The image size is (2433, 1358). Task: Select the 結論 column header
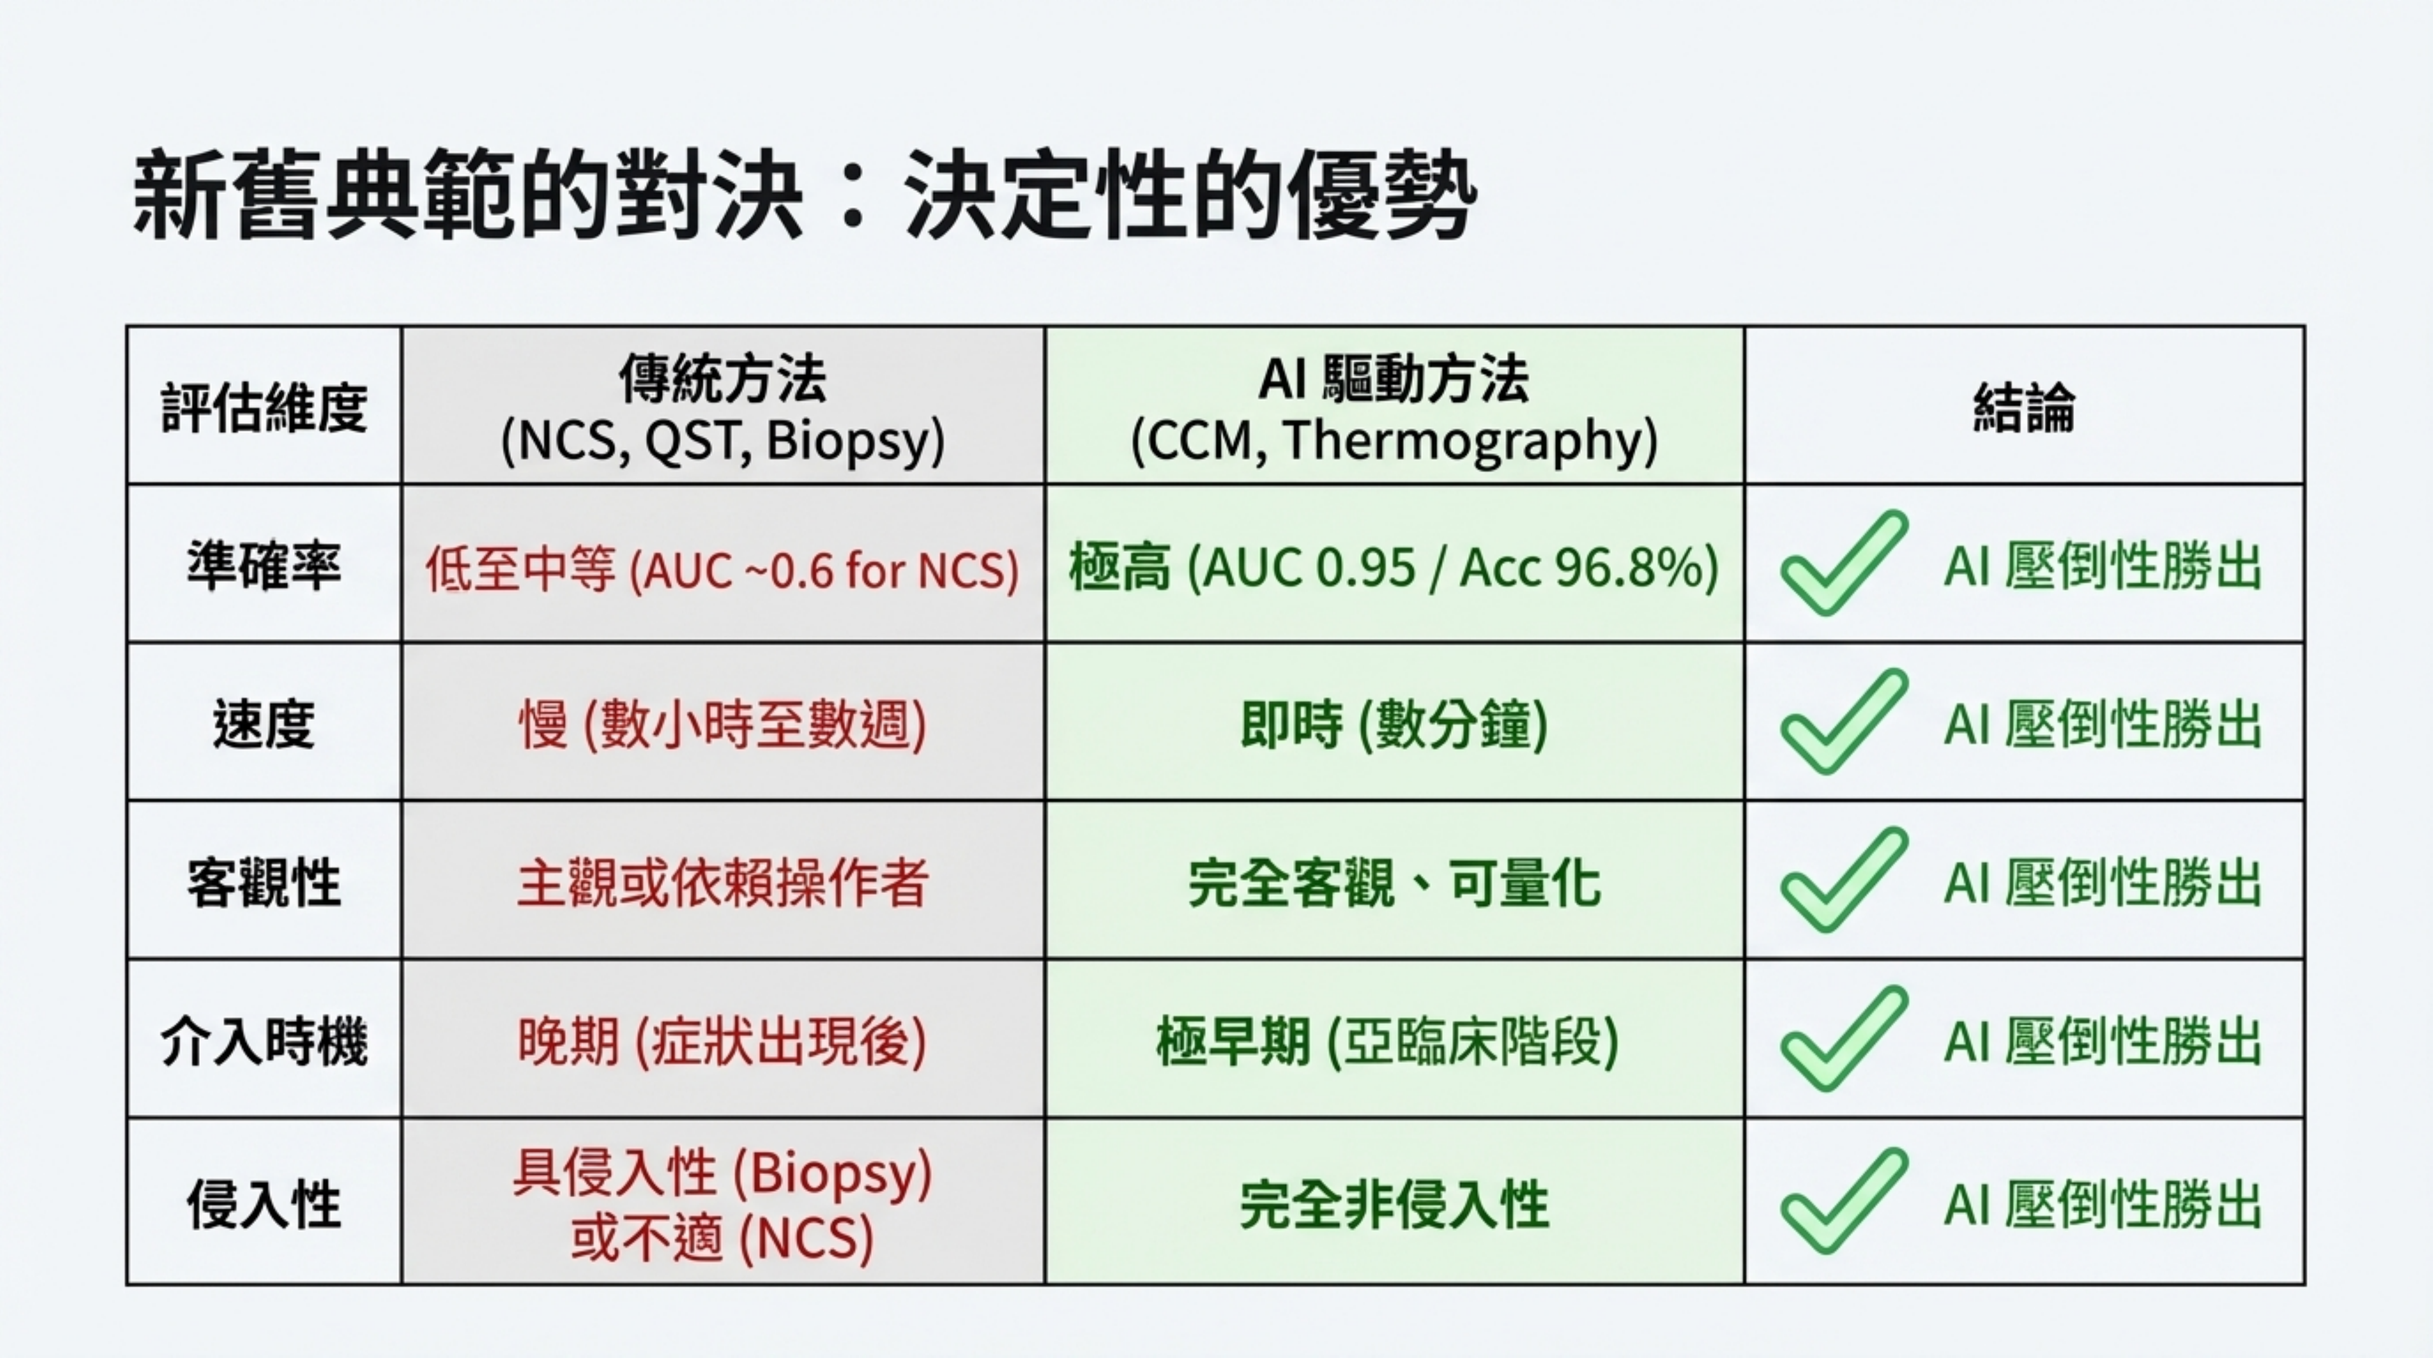click(2024, 408)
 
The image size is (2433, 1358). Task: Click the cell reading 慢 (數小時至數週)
click(722, 725)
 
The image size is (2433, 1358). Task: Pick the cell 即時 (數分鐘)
click(1394, 725)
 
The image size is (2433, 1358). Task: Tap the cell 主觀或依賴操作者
click(722, 884)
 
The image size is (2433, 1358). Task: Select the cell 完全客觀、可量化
click(1394, 884)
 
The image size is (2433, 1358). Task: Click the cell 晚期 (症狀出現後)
click(722, 1042)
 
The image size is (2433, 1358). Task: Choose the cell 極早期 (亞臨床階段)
click(1387, 1042)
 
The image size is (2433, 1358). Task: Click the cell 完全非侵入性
click(1394, 1205)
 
